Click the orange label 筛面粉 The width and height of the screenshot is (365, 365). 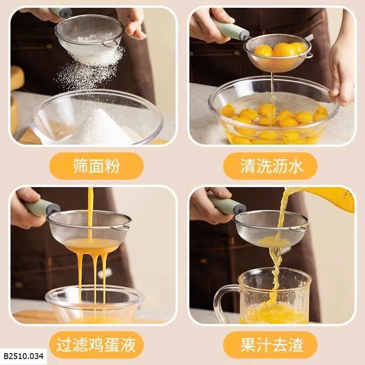point(96,166)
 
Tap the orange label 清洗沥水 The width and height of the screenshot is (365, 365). point(270,166)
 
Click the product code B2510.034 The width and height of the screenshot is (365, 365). point(24,356)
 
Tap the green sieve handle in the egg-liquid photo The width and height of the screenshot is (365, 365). point(42,207)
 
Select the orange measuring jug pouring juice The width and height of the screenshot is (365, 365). point(326,198)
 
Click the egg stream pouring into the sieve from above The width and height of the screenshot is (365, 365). point(90,214)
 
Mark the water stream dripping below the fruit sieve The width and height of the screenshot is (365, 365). point(272,93)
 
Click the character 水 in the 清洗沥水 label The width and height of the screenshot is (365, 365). point(295,166)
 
